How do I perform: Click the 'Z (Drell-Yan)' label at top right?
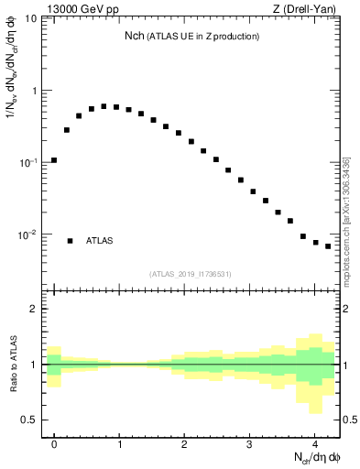point(308,10)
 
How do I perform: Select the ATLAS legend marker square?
point(70,241)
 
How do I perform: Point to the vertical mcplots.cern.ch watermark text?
point(346,220)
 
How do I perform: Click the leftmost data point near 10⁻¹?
point(54,160)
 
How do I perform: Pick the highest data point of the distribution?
point(104,106)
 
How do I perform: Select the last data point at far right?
point(328,246)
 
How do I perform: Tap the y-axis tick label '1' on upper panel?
point(33,91)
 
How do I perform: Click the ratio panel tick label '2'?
point(33,309)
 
